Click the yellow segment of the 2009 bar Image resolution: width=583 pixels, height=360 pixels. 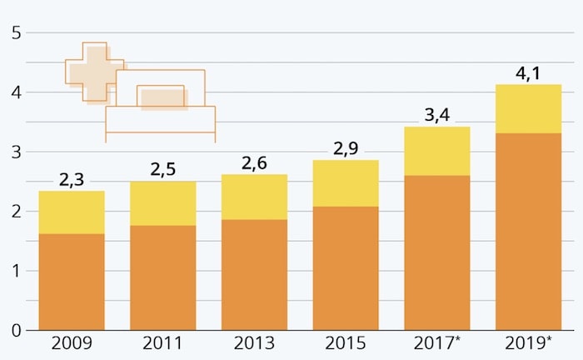pos(72,212)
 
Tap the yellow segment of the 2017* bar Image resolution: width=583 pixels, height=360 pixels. pos(436,151)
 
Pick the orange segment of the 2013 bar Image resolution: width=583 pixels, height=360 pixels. pos(254,274)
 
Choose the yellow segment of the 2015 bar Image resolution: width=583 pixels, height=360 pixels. pos(345,183)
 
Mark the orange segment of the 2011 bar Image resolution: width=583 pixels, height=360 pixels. pos(162,277)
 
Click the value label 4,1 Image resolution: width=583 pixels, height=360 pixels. pos(528,73)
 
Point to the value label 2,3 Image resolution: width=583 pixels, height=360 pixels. pos(72,179)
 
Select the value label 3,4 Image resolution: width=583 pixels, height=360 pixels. pos(436,115)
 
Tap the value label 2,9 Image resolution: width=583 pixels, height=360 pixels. pos(345,148)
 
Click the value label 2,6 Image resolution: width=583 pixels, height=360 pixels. pos(254,162)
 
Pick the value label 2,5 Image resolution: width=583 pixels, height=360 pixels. pos(162,169)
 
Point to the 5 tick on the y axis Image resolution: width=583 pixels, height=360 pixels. pos(15,33)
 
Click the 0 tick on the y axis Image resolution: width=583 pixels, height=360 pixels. pos(15,330)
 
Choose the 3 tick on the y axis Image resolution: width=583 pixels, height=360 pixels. pos(15,152)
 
